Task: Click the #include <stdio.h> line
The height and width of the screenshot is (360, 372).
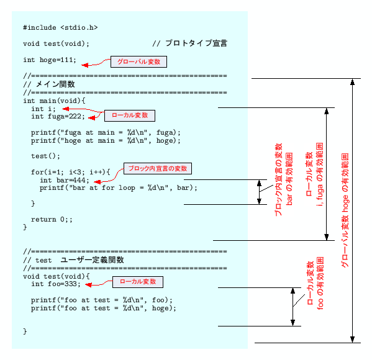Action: pyautogui.click(x=60, y=27)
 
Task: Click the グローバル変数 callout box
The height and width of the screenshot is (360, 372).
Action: pyautogui.click(x=138, y=62)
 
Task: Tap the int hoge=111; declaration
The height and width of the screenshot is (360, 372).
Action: pyautogui.click(x=50, y=60)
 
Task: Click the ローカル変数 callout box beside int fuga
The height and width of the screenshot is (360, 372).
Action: pyautogui.click(x=129, y=115)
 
